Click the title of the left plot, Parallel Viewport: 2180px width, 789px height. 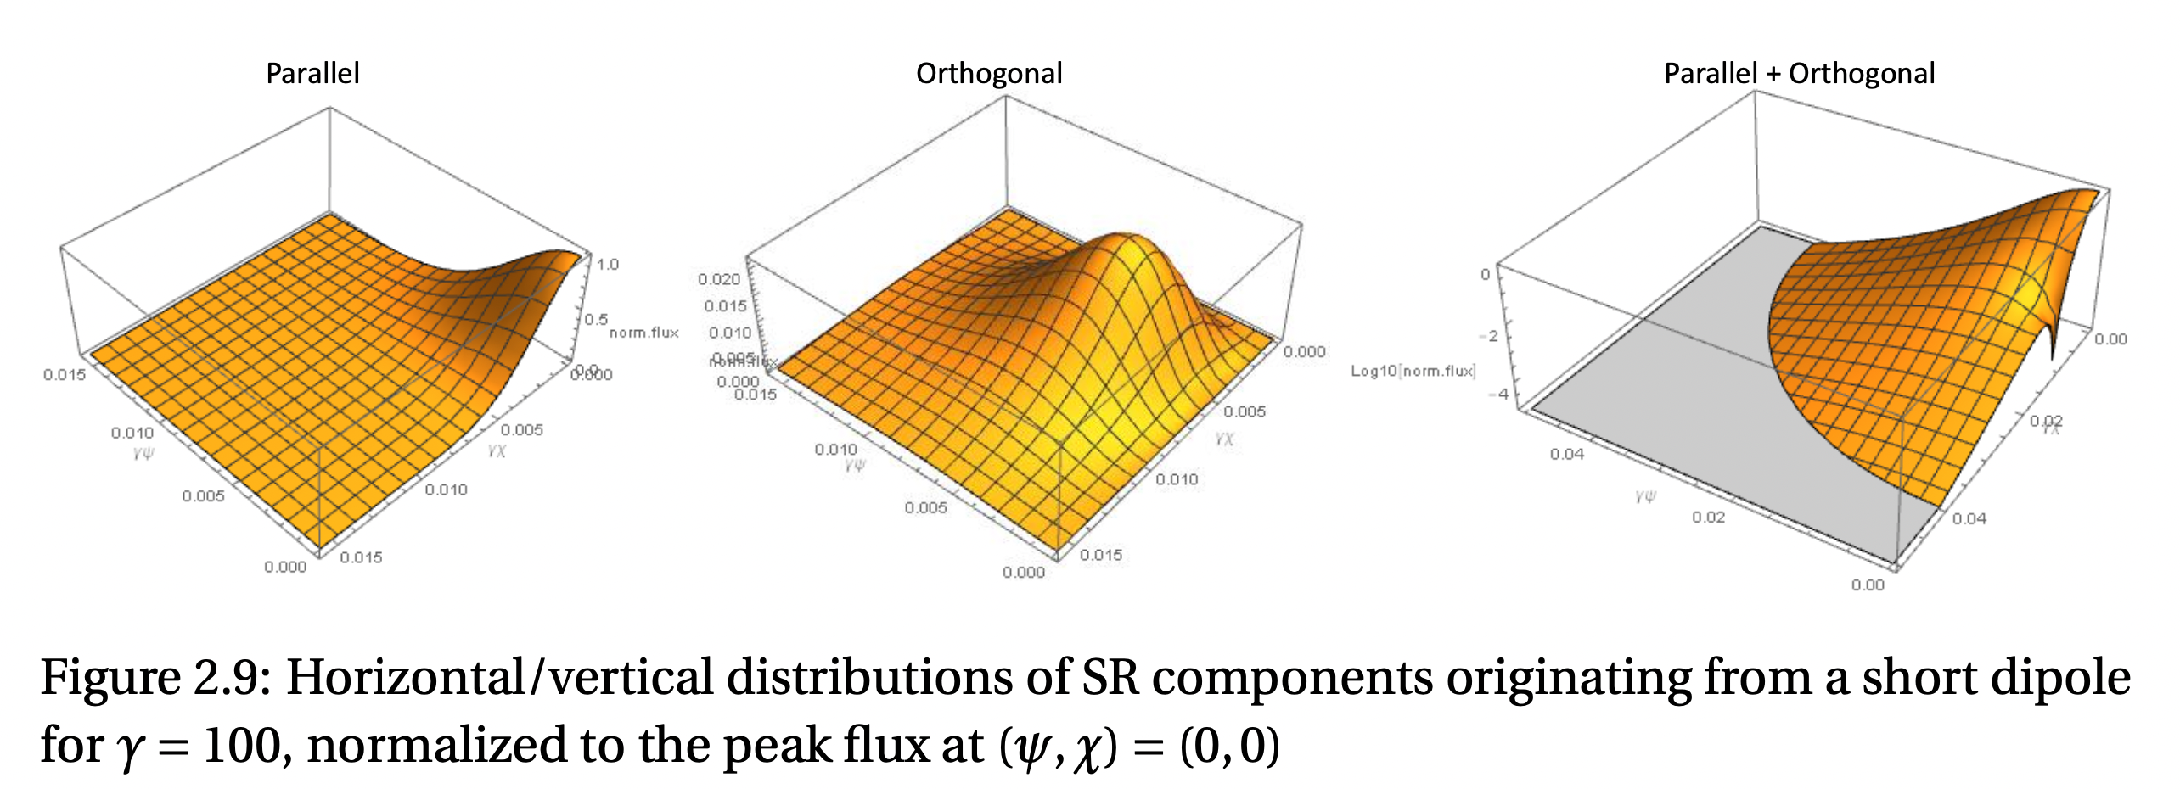click(312, 74)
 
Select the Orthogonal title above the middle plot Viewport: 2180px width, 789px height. click(989, 74)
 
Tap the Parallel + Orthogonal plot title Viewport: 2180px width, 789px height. click(1799, 74)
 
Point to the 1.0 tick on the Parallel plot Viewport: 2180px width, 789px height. click(607, 265)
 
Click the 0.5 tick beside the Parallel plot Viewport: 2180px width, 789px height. click(596, 320)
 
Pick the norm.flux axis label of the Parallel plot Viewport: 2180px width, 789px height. click(643, 333)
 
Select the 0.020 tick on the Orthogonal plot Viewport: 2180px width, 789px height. click(719, 279)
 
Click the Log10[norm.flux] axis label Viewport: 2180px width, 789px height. click(1413, 371)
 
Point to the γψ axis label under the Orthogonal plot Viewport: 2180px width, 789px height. click(855, 465)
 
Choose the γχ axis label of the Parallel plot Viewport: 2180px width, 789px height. click(497, 450)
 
